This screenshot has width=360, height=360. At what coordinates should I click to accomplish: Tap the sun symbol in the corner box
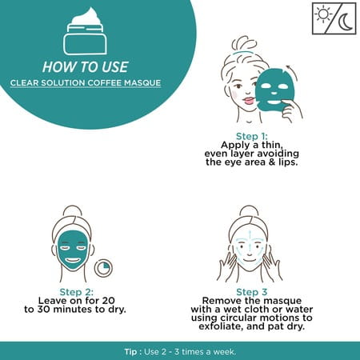323,14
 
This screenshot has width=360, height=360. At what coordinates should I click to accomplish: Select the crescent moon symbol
346,23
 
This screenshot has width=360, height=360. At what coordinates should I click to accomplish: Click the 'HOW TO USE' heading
86,66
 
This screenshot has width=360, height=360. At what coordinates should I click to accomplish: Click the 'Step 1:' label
251,136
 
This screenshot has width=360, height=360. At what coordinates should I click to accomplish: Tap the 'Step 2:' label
77,292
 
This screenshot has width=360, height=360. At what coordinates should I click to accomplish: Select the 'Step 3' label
251,292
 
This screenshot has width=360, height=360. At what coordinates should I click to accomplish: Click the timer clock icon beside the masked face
103,268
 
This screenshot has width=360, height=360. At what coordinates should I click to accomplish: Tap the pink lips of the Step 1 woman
249,101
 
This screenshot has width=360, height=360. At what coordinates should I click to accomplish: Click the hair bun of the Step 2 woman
71,211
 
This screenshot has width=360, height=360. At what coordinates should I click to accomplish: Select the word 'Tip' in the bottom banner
130,352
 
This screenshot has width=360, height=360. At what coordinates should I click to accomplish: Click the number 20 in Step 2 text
109,301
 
